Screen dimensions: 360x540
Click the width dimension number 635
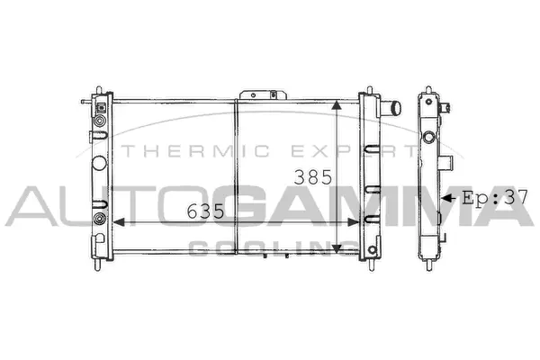(204, 211)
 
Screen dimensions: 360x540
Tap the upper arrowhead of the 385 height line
(337, 105)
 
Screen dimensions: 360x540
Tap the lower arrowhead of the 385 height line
(337, 247)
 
